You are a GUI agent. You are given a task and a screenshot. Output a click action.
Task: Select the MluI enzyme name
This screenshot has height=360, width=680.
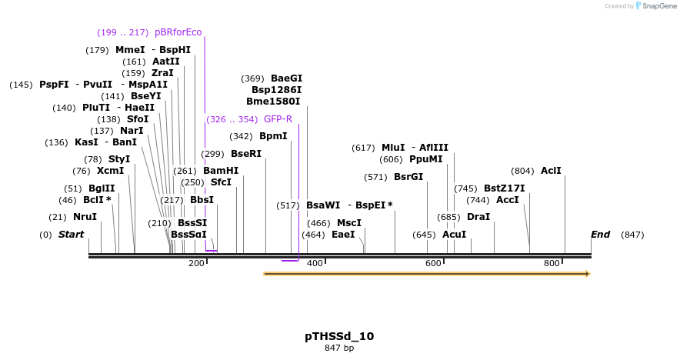pos(393,148)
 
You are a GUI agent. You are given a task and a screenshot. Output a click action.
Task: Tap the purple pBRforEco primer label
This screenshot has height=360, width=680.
pos(178,32)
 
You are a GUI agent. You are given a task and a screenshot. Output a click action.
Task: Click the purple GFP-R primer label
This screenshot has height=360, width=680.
pos(278,119)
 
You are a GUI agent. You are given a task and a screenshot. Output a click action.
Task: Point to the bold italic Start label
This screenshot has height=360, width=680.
pos(72,235)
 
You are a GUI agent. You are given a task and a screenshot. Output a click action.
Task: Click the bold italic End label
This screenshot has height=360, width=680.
pos(600,235)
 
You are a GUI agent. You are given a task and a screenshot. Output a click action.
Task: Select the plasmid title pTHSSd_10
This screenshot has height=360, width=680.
pos(339,336)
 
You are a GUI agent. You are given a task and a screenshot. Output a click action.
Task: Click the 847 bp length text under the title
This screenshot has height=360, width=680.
pos(339,348)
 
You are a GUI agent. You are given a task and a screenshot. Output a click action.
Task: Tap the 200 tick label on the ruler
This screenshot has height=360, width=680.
pos(196,264)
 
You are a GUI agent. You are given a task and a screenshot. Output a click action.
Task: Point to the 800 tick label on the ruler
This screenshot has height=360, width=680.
pos(552,264)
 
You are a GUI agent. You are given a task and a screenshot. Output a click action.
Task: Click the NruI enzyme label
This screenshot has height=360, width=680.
pos(85,217)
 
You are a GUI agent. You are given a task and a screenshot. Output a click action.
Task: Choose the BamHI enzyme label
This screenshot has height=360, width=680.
pos(221,171)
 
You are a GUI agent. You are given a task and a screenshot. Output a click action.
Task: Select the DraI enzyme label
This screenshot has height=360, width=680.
pos(478,217)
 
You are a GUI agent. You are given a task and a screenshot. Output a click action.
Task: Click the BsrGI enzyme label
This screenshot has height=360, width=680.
pos(408,177)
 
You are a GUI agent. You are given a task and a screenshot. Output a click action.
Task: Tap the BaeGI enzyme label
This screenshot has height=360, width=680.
pos(286,78)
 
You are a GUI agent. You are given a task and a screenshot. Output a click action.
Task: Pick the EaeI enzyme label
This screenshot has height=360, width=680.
pos(343,235)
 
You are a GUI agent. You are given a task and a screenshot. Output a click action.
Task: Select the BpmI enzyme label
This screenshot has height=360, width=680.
pos(273,136)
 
